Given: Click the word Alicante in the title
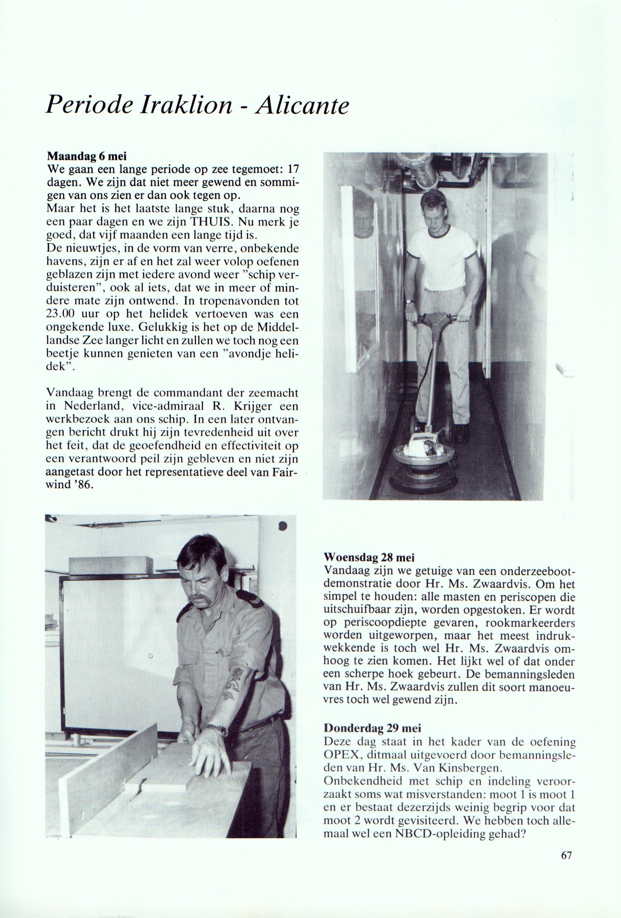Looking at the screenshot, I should click(x=302, y=106).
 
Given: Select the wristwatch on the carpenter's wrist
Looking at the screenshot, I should click(x=217, y=728).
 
